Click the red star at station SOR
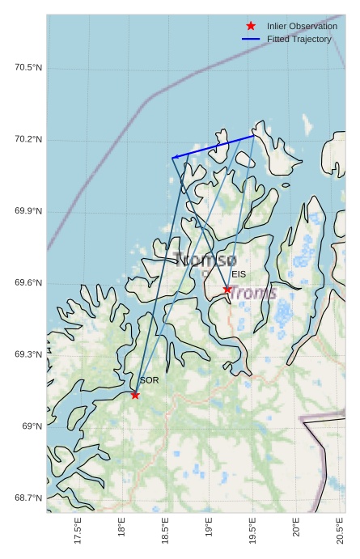point(135,395)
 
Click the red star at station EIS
point(227,290)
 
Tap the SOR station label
point(149,379)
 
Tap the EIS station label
point(239,275)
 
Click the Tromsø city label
point(205,260)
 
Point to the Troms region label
point(252,293)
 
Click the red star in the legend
point(251,26)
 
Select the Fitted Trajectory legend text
point(299,39)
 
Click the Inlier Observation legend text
point(302,26)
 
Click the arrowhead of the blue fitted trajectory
point(175,157)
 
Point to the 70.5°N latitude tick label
point(28,68)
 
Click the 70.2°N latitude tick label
point(28,140)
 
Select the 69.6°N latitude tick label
point(28,283)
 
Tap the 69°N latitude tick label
point(32,426)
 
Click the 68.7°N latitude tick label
point(28,498)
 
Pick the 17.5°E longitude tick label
point(78,531)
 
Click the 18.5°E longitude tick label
point(166,531)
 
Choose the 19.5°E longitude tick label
point(252,531)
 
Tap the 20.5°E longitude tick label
point(340,531)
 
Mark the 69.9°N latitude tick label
point(28,211)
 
